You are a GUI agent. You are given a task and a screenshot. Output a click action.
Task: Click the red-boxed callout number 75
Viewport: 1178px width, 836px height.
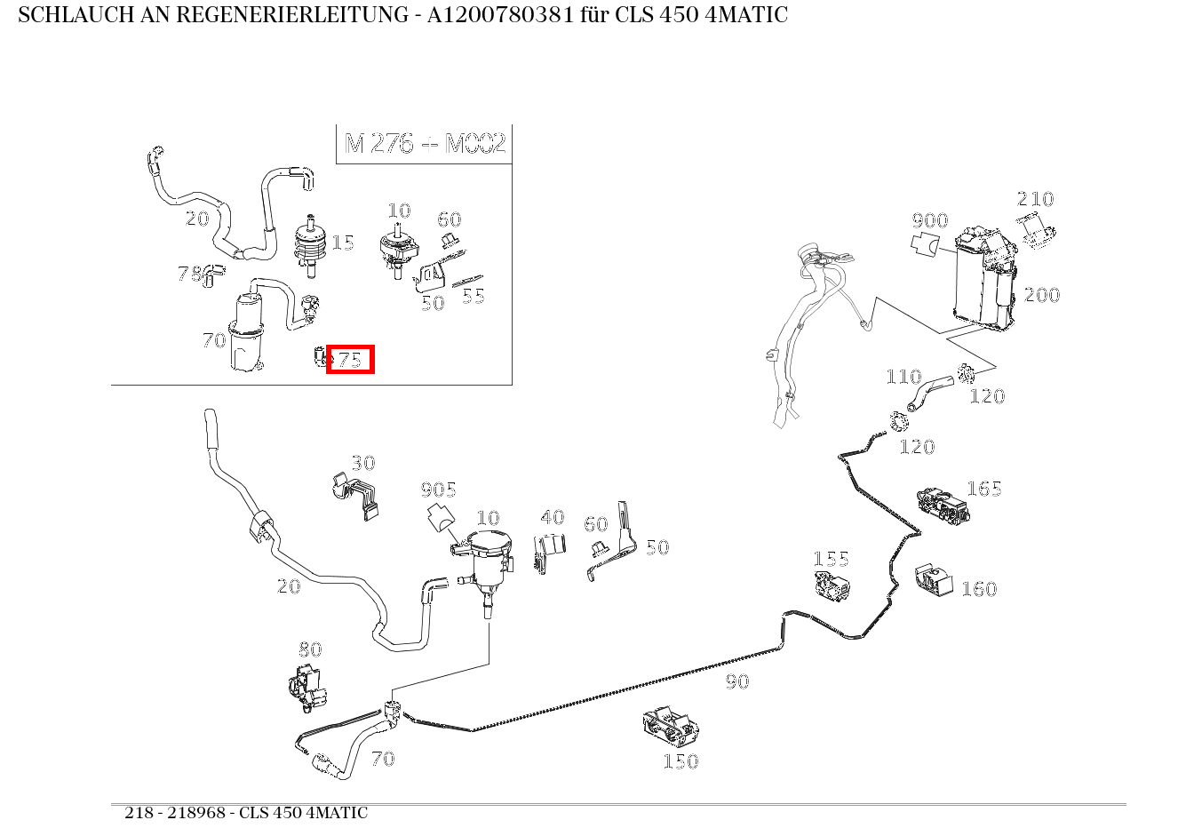click(x=350, y=359)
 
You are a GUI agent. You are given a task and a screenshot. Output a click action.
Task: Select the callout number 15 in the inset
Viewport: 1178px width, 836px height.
click(x=343, y=243)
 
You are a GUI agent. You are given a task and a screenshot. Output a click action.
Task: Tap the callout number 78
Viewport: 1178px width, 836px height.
click(x=189, y=273)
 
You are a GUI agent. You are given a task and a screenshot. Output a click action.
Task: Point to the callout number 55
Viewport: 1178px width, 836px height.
click(x=474, y=296)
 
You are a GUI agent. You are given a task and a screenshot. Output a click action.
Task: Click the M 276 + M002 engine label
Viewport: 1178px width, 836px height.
click(x=425, y=143)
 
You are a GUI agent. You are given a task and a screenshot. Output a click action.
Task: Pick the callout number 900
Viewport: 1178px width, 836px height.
click(x=929, y=220)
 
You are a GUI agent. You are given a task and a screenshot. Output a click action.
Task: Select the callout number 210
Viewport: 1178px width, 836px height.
click(x=1035, y=199)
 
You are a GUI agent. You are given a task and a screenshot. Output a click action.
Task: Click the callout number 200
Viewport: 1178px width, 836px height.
click(x=1041, y=295)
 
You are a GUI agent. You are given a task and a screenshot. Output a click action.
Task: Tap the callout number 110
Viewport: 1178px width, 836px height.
click(x=903, y=377)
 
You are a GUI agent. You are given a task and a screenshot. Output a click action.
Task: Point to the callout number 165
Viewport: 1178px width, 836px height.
click(x=983, y=489)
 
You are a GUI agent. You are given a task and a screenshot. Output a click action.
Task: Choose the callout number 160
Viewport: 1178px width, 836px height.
click(x=979, y=589)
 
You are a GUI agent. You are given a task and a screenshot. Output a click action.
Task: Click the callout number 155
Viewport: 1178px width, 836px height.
click(x=831, y=559)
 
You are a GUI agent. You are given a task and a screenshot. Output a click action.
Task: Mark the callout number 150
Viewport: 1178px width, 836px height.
click(x=681, y=761)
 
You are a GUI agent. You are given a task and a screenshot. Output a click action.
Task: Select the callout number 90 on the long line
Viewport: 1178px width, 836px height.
click(x=736, y=681)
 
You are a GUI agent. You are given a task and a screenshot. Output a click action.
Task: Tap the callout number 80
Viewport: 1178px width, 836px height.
click(x=310, y=649)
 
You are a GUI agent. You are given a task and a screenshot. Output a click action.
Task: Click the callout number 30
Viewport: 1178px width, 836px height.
click(x=362, y=463)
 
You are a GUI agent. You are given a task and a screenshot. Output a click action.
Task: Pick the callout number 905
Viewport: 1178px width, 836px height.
click(x=438, y=490)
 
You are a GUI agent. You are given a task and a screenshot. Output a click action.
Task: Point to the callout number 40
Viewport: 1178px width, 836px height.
click(x=553, y=517)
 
